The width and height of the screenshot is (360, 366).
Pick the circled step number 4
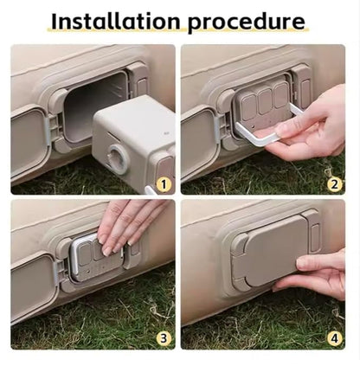(x=334, y=338)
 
